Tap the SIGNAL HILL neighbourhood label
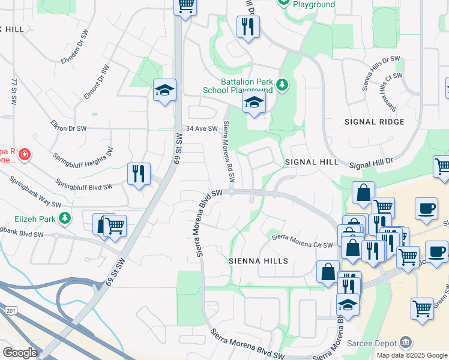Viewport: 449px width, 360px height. pyautogui.click(x=308, y=162)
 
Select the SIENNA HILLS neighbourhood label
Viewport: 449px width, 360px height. pyautogui.click(x=258, y=261)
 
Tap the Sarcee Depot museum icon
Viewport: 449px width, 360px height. pyautogui.click(x=406, y=343)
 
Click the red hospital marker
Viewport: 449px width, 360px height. pyautogui.click(x=24, y=155)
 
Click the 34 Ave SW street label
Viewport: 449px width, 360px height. pyautogui.click(x=200, y=128)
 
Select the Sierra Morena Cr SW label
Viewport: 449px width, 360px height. pyautogui.click(x=302, y=241)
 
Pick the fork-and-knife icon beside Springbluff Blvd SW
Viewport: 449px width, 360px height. pyautogui.click(x=139, y=174)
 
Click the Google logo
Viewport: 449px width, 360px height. pyautogui.click(x=20, y=352)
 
